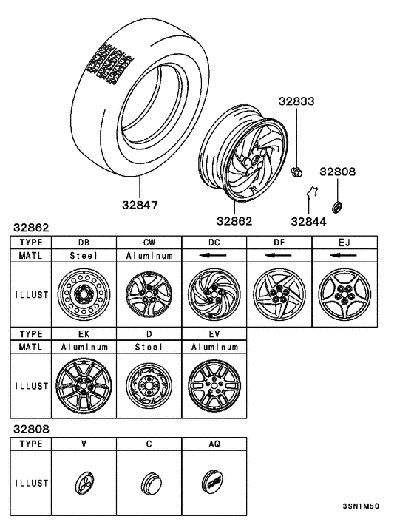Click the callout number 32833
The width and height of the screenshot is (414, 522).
[x=296, y=101]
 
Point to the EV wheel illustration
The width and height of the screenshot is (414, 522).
[x=214, y=384]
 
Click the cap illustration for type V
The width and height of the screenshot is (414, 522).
[x=84, y=484]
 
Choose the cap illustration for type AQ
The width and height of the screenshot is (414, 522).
[x=214, y=484]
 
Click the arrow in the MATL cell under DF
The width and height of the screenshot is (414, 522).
[x=279, y=256]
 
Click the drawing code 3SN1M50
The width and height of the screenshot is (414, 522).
[x=362, y=508]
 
